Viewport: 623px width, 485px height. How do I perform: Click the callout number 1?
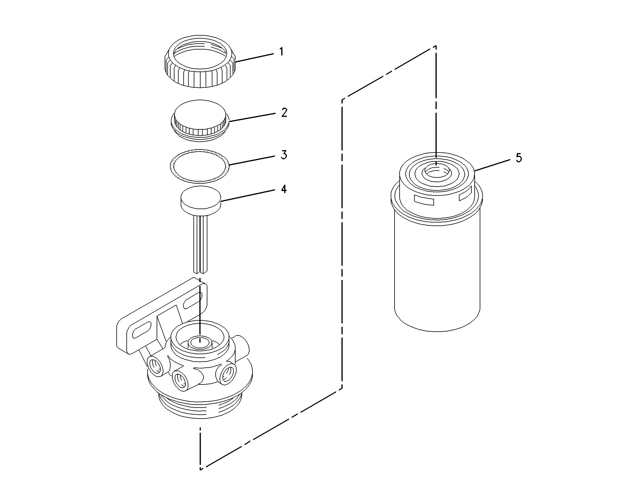pos(281,52)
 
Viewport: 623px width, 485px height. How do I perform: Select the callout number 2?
pos(284,112)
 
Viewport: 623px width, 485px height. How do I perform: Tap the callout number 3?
pos(284,155)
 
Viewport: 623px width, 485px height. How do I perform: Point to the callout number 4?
pos(284,189)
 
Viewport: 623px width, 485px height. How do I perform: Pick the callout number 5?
pos(519,158)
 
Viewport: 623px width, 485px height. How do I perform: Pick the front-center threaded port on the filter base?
pos(181,381)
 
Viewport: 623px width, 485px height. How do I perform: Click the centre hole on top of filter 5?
pos(436,173)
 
